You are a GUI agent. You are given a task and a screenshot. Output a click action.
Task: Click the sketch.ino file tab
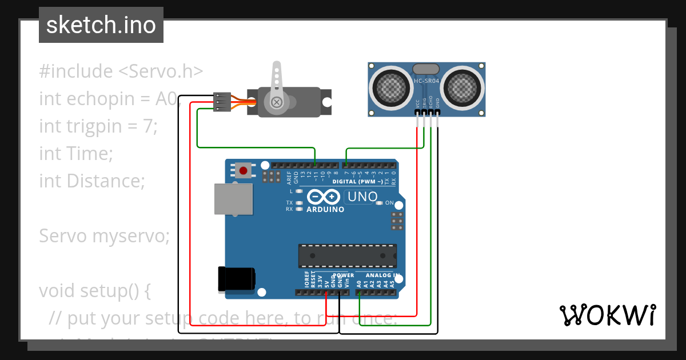pyautogui.click(x=101, y=25)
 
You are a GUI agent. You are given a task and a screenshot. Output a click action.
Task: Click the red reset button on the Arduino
pyautogui.click(x=244, y=170)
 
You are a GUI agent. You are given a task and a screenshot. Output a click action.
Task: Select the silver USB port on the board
pyautogui.click(x=232, y=199)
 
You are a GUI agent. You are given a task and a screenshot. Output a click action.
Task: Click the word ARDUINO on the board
pyautogui.click(x=326, y=210)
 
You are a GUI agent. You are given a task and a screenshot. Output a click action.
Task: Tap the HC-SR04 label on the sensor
pyautogui.click(x=426, y=82)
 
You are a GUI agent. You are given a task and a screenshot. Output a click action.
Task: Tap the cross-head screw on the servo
pyautogui.click(x=277, y=102)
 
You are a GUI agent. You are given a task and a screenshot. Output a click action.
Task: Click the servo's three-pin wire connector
pyautogui.click(x=221, y=102)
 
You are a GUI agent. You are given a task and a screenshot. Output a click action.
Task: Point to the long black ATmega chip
pyautogui.click(x=347, y=255)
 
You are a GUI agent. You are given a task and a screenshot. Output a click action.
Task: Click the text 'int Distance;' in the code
pyautogui.click(x=92, y=181)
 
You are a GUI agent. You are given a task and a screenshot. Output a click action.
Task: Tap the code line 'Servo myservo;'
pyautogui.click(x=104, y=236)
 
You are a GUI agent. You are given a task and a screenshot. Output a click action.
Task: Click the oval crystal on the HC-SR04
pyautogui.click(x=426, y=69)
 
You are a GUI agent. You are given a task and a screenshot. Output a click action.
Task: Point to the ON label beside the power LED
pyautogui.click(x=389, y=203)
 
